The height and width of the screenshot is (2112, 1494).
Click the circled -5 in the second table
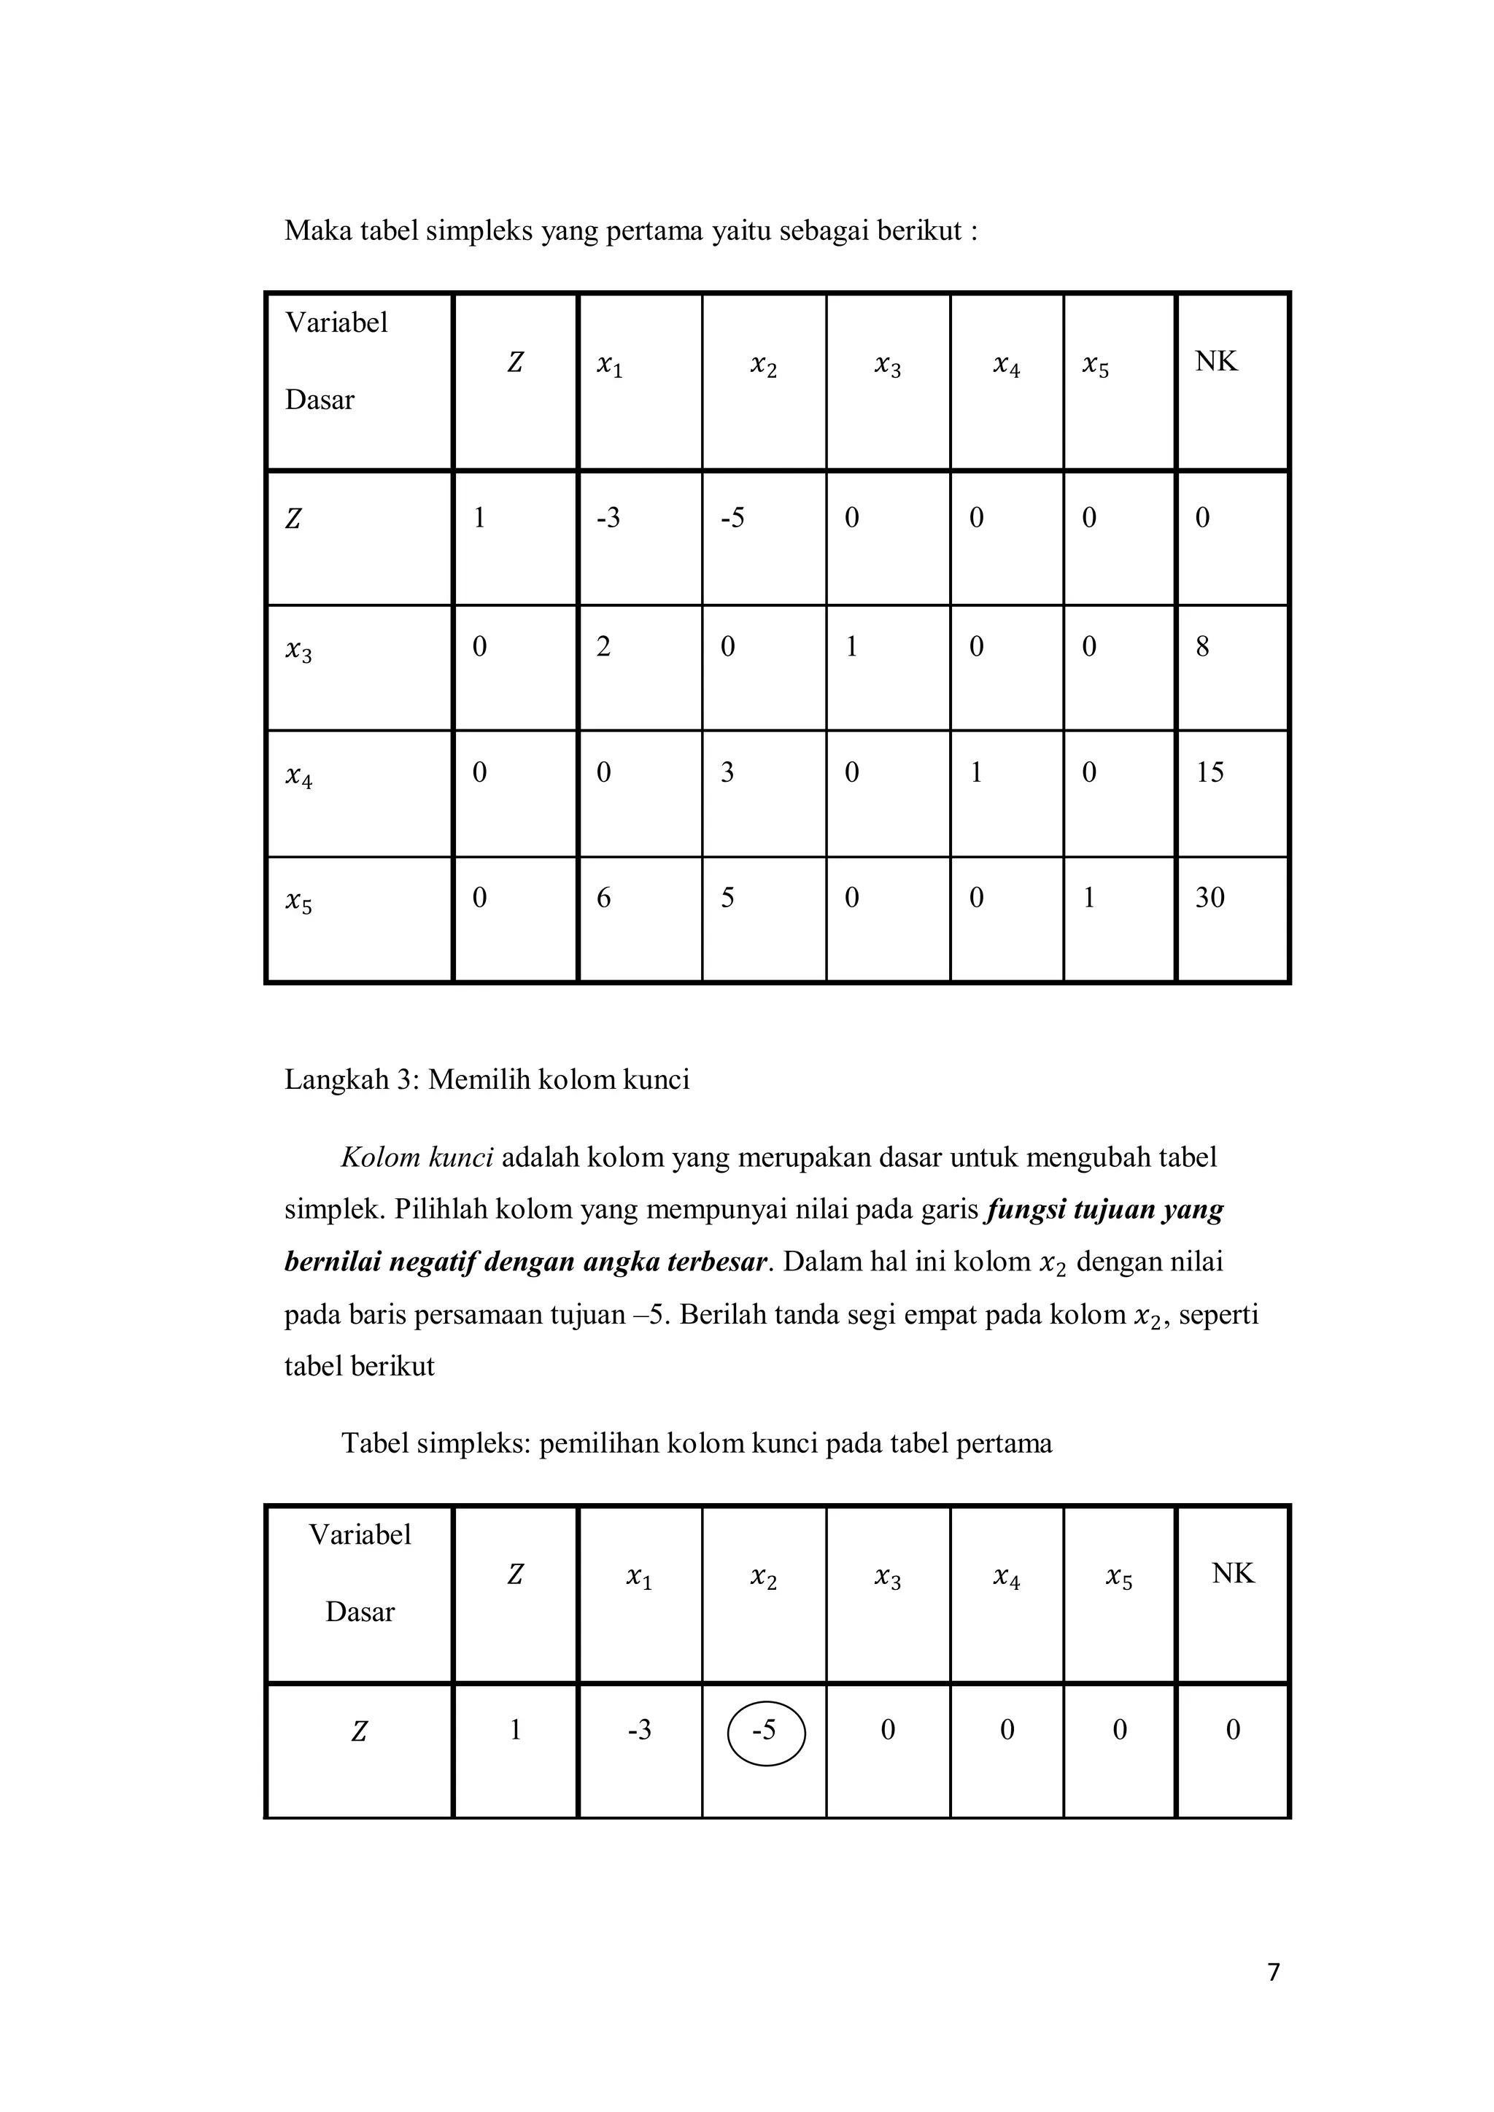pyautogui.click(x=765, y=1731)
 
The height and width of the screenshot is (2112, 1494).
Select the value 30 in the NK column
pyautogui.click(x=1209, y=897)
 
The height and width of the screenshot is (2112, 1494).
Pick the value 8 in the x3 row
pyautogui.click(x=1202, y=647)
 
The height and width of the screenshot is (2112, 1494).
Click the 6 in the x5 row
pyautogui.click(x=603, y=897)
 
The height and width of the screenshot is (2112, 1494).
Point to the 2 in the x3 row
pyautogui.click(x=603, y=647)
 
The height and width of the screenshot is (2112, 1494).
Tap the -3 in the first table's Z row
pyautogui.click(x=608, y=518)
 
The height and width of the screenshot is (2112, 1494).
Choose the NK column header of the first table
pyautogui.click(x=1215, y=362)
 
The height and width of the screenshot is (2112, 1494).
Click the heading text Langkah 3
pyautogui.click(x=350, y=1079)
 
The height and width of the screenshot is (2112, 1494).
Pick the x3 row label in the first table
pyautogui.click(x=299, y=651)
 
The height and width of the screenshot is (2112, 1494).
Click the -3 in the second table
pyautogui.click(x=639, y=1731)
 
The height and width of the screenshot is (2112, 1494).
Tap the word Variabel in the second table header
pyautogui.click(x=360, y=1534)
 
